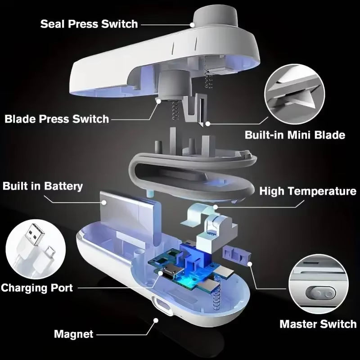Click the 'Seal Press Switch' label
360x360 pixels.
89,23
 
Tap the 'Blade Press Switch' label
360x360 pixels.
57,119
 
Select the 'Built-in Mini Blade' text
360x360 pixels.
295,135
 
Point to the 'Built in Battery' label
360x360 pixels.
43,186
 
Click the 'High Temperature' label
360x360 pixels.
308,191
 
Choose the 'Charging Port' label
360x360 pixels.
37,287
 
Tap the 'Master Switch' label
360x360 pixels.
318,324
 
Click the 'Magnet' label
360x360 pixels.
74,334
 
